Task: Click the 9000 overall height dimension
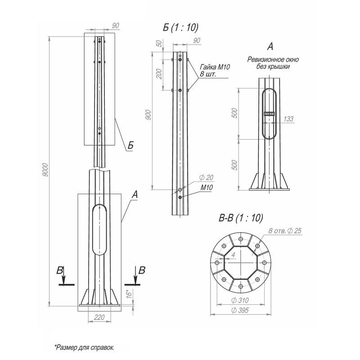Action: click(x=45, y=170)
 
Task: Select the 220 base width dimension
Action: click(x=99, y=318)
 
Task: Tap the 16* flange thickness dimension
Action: click(x=130, y=294)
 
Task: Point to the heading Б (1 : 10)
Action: click(x=180, y=27)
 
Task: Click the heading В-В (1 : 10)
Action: click(x=241, y=218)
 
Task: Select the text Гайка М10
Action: click(x=215, y=67)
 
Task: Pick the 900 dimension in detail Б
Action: click(x=148, y=115)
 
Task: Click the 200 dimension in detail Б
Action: click(x=159, y=74)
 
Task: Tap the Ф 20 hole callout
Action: click(x=206, y=177)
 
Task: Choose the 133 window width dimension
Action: click(x=288, y=119)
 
